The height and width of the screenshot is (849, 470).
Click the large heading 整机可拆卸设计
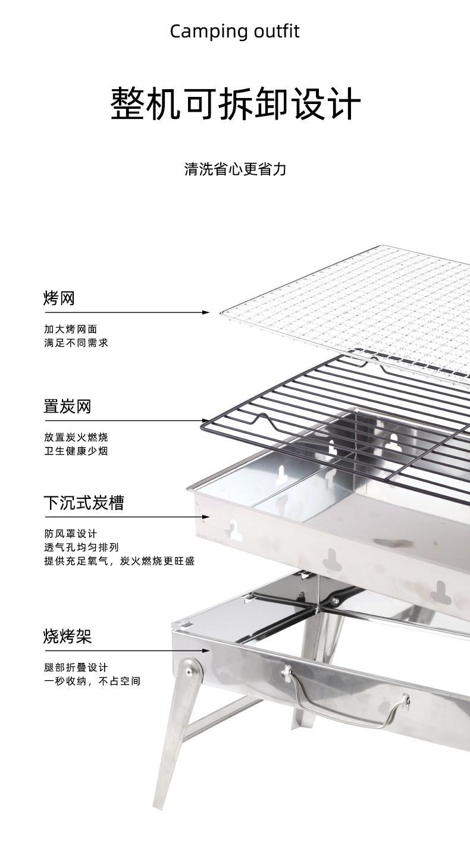tap(235, 104)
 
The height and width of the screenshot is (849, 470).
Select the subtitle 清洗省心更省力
tap(235, 169)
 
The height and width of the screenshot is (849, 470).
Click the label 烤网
tap(59, 298)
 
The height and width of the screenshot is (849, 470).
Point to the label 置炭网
tap(67, 407)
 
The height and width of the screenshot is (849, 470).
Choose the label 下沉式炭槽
tap(84, 503)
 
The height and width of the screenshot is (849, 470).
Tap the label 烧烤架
tap(67, 637)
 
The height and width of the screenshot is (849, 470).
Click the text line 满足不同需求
tap(76, 343)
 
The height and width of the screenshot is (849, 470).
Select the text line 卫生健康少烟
tap(76, 451)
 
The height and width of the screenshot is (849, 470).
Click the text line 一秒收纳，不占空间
tap(92, 681)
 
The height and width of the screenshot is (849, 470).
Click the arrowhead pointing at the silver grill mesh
tap(206, 312)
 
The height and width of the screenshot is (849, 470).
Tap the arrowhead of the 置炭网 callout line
tap(206, 421)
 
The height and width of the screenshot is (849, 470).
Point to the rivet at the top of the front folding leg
tap(189, 671)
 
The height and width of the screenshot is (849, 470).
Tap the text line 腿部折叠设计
tap(76, 668)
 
